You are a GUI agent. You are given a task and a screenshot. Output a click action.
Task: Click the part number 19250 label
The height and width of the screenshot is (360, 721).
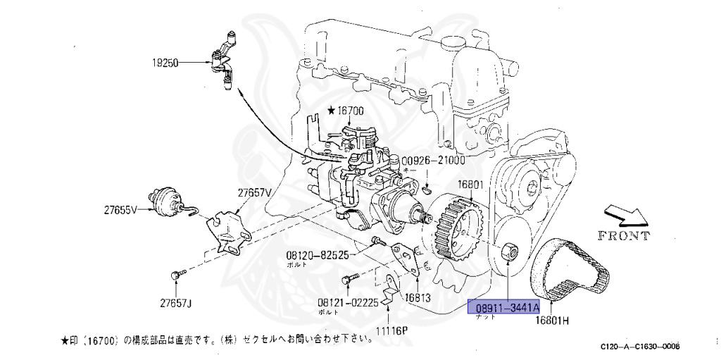point(166,63)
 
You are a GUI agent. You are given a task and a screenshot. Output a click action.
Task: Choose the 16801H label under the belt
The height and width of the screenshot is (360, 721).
point(554,321)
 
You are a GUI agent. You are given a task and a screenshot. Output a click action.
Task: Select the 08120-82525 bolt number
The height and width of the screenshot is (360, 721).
point(317,255)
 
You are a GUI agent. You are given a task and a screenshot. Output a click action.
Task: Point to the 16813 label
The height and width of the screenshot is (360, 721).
point(418,297)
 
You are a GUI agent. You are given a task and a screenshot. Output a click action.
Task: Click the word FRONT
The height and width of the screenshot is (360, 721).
point(623,236)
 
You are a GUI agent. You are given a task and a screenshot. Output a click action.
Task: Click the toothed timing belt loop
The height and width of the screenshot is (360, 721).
point(570,271)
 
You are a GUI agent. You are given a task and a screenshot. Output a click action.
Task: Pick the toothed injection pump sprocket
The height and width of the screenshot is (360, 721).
point(457,228)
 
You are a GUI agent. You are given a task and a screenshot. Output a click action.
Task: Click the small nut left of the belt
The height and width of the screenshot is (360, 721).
point(510,252)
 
